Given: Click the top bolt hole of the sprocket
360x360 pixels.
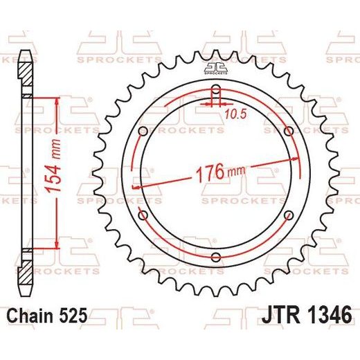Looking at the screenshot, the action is click(x=216, y=89).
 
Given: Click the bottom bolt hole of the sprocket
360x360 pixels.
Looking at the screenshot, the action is click(x=216, y=257).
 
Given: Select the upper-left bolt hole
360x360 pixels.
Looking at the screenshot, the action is click(x=143, y=132).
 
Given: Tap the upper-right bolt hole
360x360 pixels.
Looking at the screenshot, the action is click(x=289, y=132).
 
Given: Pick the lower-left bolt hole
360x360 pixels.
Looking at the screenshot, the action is click(x=143, y=215).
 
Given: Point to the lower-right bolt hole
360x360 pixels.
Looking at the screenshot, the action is click(x=289, y=215).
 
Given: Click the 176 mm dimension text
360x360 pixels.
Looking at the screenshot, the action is click(x=220, y=172).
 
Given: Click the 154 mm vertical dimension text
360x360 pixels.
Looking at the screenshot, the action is click(x=53, y=165).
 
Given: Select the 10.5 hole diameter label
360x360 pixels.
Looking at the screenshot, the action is click(x=236, y=114).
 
